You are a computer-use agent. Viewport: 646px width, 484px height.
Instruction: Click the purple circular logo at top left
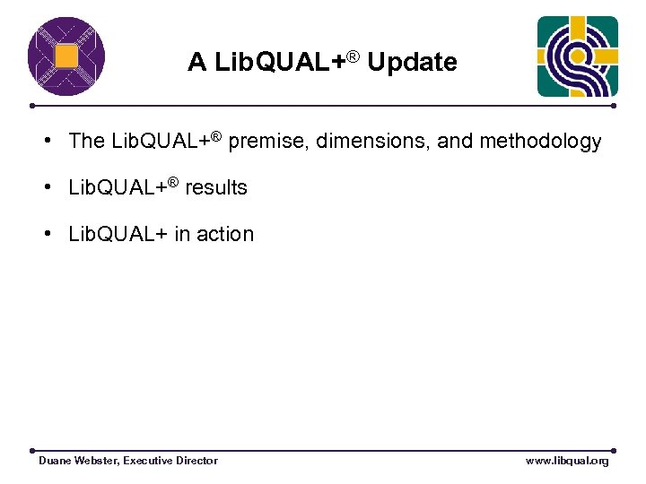tap(66, 56)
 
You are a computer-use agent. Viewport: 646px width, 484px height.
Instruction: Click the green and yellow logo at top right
tap(577, 56)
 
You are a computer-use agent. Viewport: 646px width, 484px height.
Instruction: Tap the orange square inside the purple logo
tap(66, 56)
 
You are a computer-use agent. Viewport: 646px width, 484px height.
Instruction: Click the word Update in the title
tap(412, 63)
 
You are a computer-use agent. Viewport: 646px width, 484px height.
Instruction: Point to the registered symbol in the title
tap(354, 57)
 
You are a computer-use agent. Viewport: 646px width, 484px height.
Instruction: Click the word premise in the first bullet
tap(270, 142)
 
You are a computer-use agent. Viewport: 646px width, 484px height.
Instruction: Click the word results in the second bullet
tap(215, 188)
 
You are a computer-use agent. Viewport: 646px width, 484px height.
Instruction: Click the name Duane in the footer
tap(56, 461)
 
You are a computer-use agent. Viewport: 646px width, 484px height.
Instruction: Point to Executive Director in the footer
tap(170, 461)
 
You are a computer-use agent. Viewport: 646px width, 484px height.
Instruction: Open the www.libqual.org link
tap(567, 461)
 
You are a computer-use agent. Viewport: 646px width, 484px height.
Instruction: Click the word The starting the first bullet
tap(87, 142)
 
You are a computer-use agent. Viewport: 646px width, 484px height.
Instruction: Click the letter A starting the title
tap(196, 63)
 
